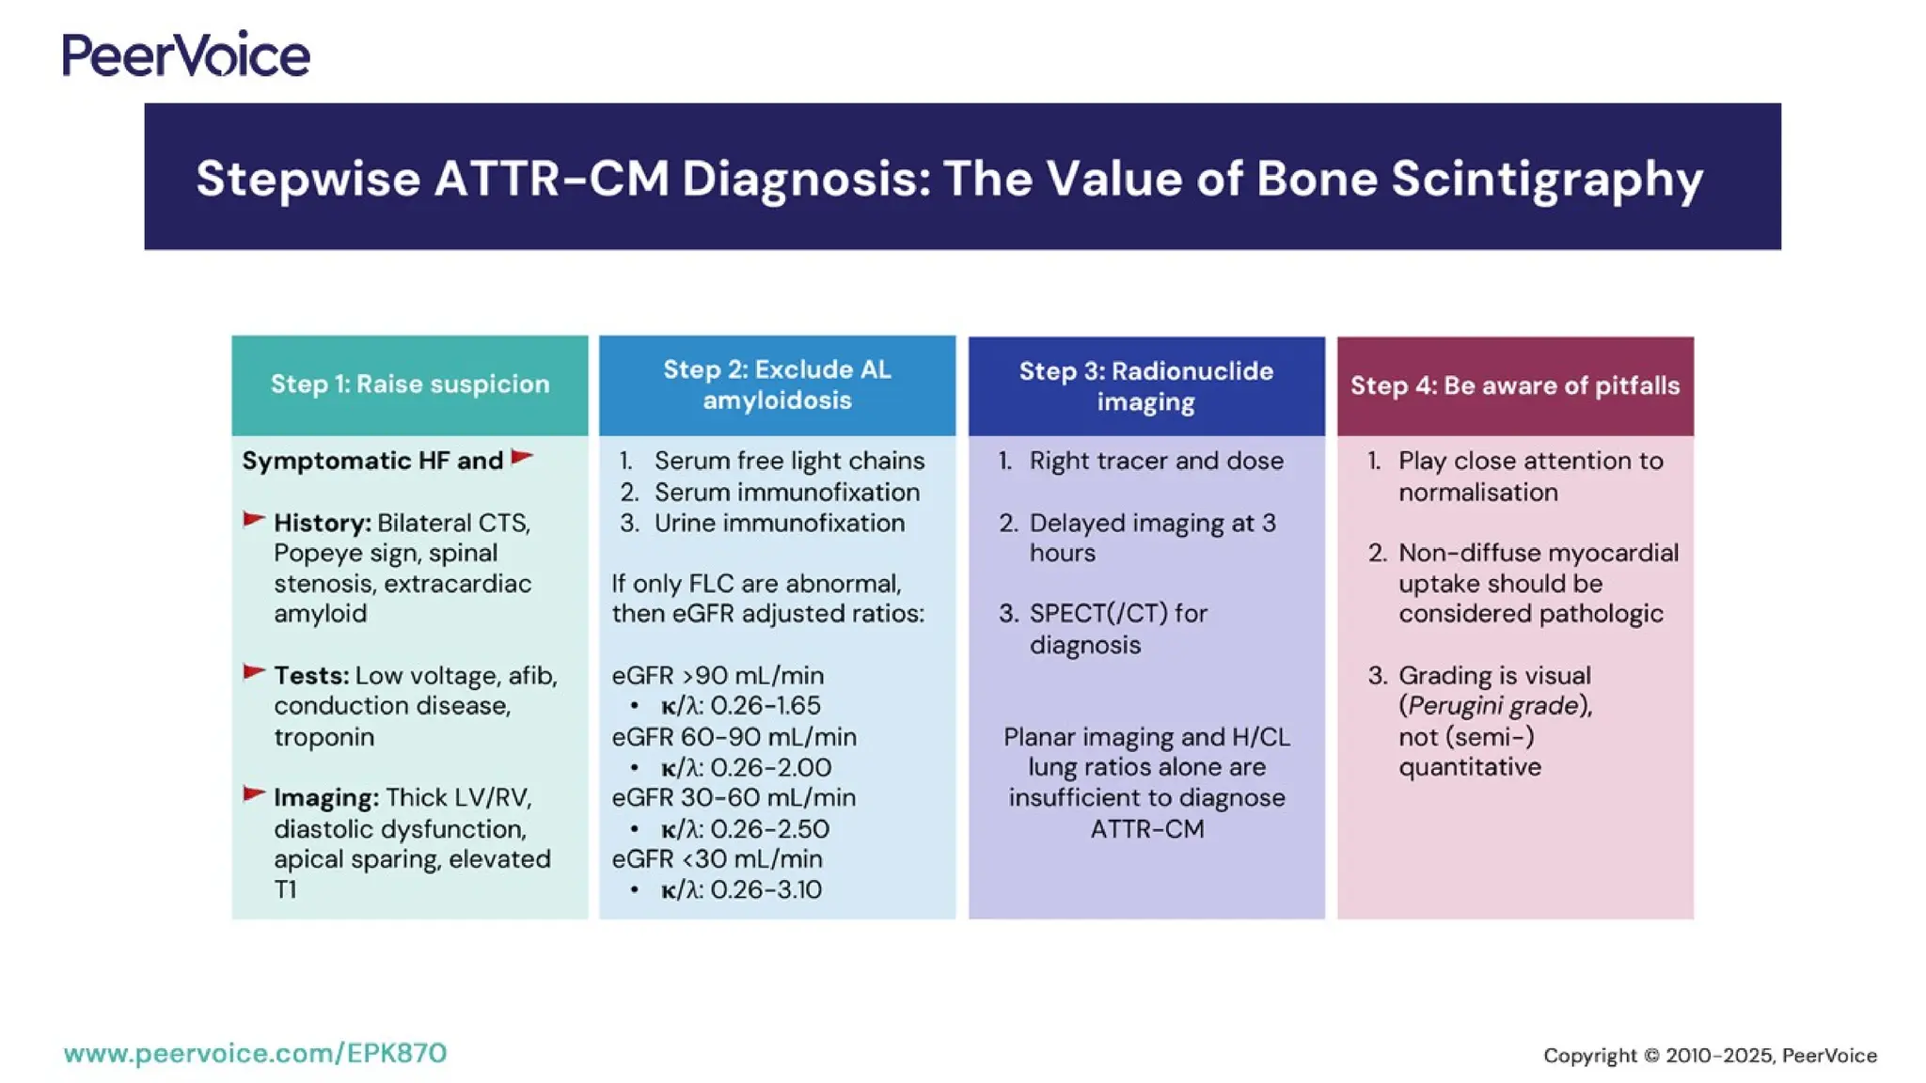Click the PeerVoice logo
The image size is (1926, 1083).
(x=186, y=55)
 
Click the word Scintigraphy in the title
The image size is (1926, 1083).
(x=1547, y=179)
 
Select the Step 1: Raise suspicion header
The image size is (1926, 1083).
(x=410, y=385)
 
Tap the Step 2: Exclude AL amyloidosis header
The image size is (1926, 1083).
(x=777, y=385)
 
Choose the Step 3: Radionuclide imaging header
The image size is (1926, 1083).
(x=1145, y=385)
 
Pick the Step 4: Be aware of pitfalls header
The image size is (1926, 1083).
(x=1515, y=385)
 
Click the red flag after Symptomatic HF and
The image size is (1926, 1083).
(x=522, y=458)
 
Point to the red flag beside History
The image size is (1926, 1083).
(x=254, y=520)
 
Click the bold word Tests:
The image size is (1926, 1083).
(x=311, y=676)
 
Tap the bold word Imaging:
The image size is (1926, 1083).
(x=326, y=798)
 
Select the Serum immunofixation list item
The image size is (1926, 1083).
(x=786, y=492)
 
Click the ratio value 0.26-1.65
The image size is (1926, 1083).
(x=765, y=706)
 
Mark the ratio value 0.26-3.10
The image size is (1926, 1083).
(x=766, y=889)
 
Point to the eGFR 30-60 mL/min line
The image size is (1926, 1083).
(x=734, y=798)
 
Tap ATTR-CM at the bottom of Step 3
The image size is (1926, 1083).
(x=1146, y=829)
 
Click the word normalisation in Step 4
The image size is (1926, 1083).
(x=1477, y=493)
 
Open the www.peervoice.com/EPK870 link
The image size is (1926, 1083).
(x=255, y=1053)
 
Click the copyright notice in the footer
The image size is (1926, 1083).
(x=1709, y=1056)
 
